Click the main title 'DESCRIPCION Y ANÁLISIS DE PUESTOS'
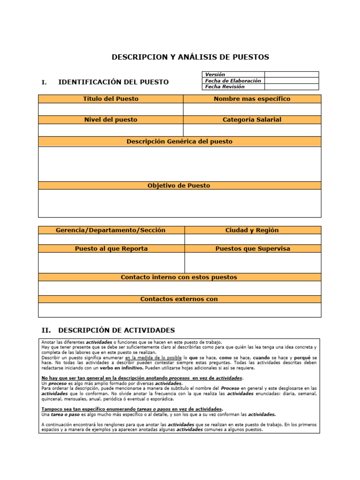point(190,57)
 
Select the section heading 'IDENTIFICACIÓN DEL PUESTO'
point(113,82)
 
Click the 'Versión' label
point(215,75)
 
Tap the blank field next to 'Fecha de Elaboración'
point(291,81)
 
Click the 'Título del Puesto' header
point(111,99)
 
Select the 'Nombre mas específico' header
point(252,99)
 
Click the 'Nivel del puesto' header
point(111,120)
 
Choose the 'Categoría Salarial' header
point(252,120)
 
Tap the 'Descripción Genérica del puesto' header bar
point(180,142)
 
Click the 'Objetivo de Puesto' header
point(180,186)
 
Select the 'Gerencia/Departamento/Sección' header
point(111,230)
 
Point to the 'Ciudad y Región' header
point(252,230)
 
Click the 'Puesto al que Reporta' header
point(111,249)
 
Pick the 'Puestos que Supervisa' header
point(253,249)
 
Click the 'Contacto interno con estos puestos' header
point(180,277)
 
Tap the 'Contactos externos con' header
point(180,299)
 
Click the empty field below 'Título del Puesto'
point(111,109)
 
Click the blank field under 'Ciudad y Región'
point(253,239)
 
